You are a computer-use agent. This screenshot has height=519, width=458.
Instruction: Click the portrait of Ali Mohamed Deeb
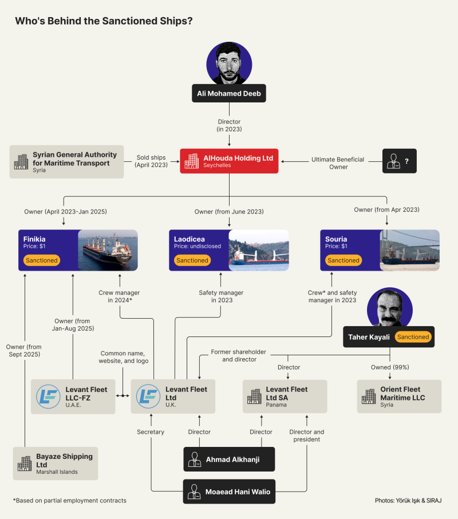click(x=229, y=63)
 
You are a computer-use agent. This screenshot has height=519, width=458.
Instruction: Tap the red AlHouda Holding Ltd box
click(x=229, y=161)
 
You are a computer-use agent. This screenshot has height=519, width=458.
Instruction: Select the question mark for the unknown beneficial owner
click(x=406, y=161)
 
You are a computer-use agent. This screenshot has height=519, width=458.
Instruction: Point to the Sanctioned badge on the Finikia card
click(x=41, y=260)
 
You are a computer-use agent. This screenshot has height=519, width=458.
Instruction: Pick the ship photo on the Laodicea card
click(x=259, y=250)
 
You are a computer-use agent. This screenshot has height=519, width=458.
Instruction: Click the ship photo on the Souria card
click(x=410, y=250)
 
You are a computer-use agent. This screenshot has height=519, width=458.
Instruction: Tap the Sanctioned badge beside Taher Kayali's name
click(x=413, y=337)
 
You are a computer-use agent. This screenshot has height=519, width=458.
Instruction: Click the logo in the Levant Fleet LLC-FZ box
click(x=48, y=396)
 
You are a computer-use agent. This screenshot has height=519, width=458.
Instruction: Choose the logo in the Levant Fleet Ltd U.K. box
click(x=148, y=396)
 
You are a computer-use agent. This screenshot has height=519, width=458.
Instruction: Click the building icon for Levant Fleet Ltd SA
click(x=254, y=396)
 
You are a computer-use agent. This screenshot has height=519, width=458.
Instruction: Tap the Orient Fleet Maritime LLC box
click(x=399, y=396)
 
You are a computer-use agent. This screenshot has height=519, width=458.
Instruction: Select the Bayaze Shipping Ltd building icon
click(x=25, y=463)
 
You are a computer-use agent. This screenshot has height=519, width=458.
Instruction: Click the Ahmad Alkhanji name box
click(x=229, y=459)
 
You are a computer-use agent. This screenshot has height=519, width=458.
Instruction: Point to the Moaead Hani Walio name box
click(x=229, y=491)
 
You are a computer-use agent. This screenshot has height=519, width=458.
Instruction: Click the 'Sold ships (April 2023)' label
click(x=152, y=161)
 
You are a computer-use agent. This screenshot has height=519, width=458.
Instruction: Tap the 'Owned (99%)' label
click(x=390, y=367)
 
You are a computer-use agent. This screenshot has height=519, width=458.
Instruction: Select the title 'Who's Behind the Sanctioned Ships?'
click(x=103, y=21)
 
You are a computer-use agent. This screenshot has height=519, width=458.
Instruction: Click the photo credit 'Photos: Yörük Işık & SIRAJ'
click(x=408, y=500)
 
